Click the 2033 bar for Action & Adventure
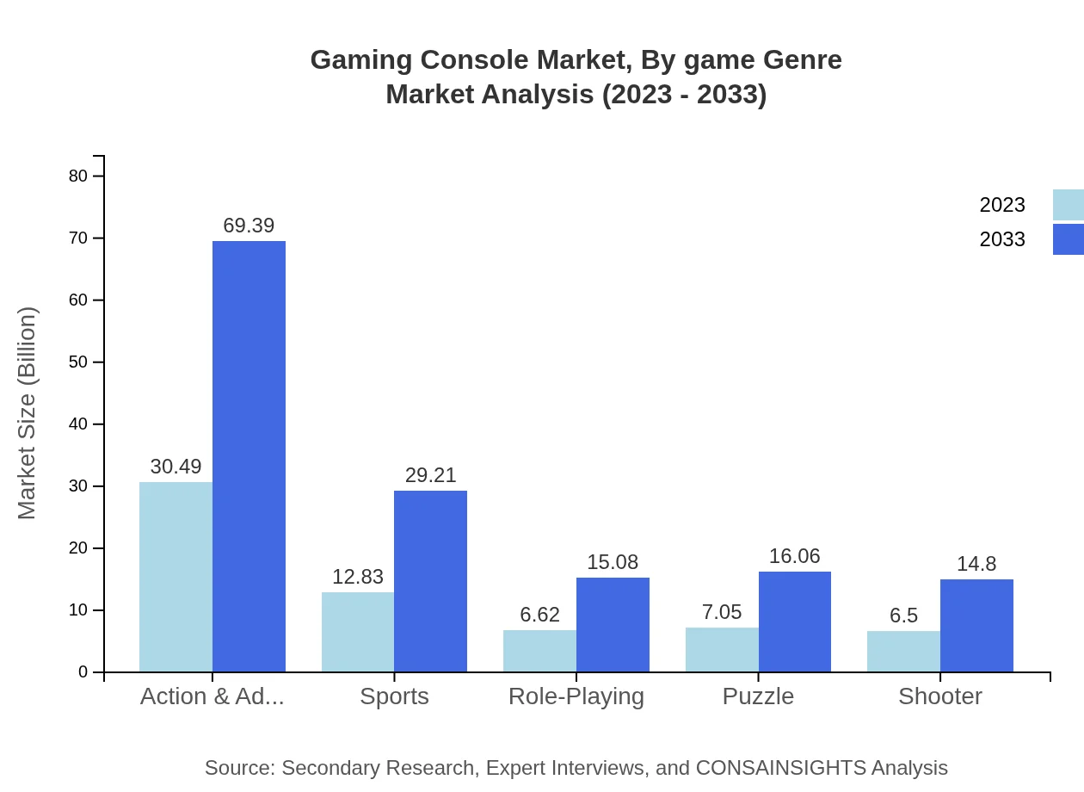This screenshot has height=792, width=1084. coord(249,456)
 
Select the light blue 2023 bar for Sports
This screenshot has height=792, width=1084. coord(358,632)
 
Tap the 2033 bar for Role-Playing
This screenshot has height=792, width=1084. coord(613,624)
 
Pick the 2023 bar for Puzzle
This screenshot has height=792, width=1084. coord(722,650)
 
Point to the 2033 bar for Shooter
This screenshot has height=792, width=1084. coord(976,626)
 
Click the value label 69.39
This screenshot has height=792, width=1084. coord(249,226)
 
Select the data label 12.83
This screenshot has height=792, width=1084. coord(358,577)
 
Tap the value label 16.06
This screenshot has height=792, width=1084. coord(794,556)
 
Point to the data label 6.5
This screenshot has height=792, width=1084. coord(903,616)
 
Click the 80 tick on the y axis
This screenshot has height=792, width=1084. coord(78,176)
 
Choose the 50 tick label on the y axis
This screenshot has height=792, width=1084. coord(78,362)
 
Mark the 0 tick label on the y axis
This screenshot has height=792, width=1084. coord(83,672)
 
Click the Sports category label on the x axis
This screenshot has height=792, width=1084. coord(394,696)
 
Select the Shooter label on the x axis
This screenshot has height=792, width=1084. coord(939,696)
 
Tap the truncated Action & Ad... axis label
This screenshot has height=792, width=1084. coord(212,696)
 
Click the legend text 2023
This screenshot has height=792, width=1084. coord(1002,205)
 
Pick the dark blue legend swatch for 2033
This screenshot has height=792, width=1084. coord(1069,239)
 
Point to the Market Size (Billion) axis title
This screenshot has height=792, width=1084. coord(28,413)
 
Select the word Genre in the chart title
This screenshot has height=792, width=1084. coord(802,60)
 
